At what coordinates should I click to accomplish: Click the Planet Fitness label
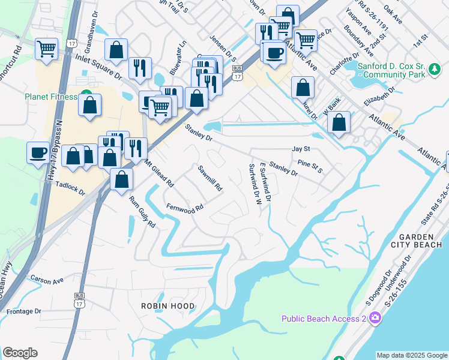pyautogui.click(x=50, y=97)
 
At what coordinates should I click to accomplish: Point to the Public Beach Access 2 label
pyautogui.click(x=324, y=318)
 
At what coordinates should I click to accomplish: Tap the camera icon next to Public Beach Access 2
pyautogui.click(x=375, y=317)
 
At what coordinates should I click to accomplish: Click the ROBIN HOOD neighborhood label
pyautogui.click(x=168, y=306)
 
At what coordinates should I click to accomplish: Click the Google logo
pyautogui.click(x=20, y=353)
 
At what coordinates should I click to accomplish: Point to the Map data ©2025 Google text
pyautogui.click(x=412, y=355)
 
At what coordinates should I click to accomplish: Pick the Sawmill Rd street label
pyautogui.click(x=211, y=179)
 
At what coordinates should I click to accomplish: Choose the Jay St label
pyautogui.click(x=300, y=148)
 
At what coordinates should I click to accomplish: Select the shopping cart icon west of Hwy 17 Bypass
pyautogui.click(x=46, y=48)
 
